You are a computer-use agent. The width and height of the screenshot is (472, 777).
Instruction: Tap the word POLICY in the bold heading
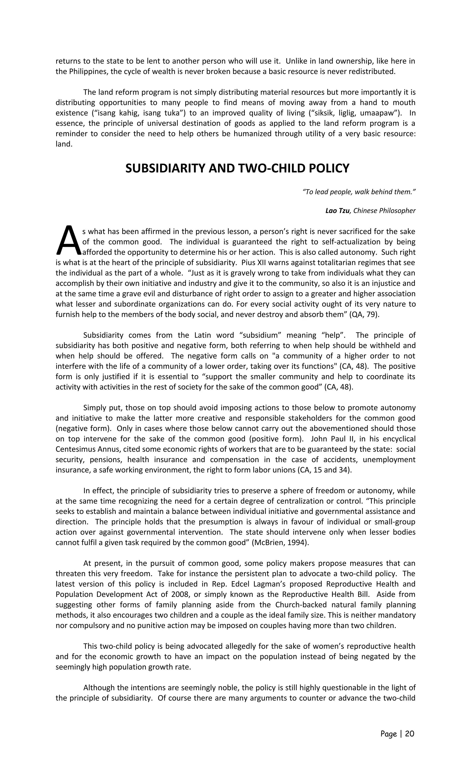tap(329, 168)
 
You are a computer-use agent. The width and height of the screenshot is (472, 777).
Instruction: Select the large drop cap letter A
tap(68, 240)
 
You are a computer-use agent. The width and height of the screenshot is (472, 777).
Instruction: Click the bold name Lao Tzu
tap(337, 211)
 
